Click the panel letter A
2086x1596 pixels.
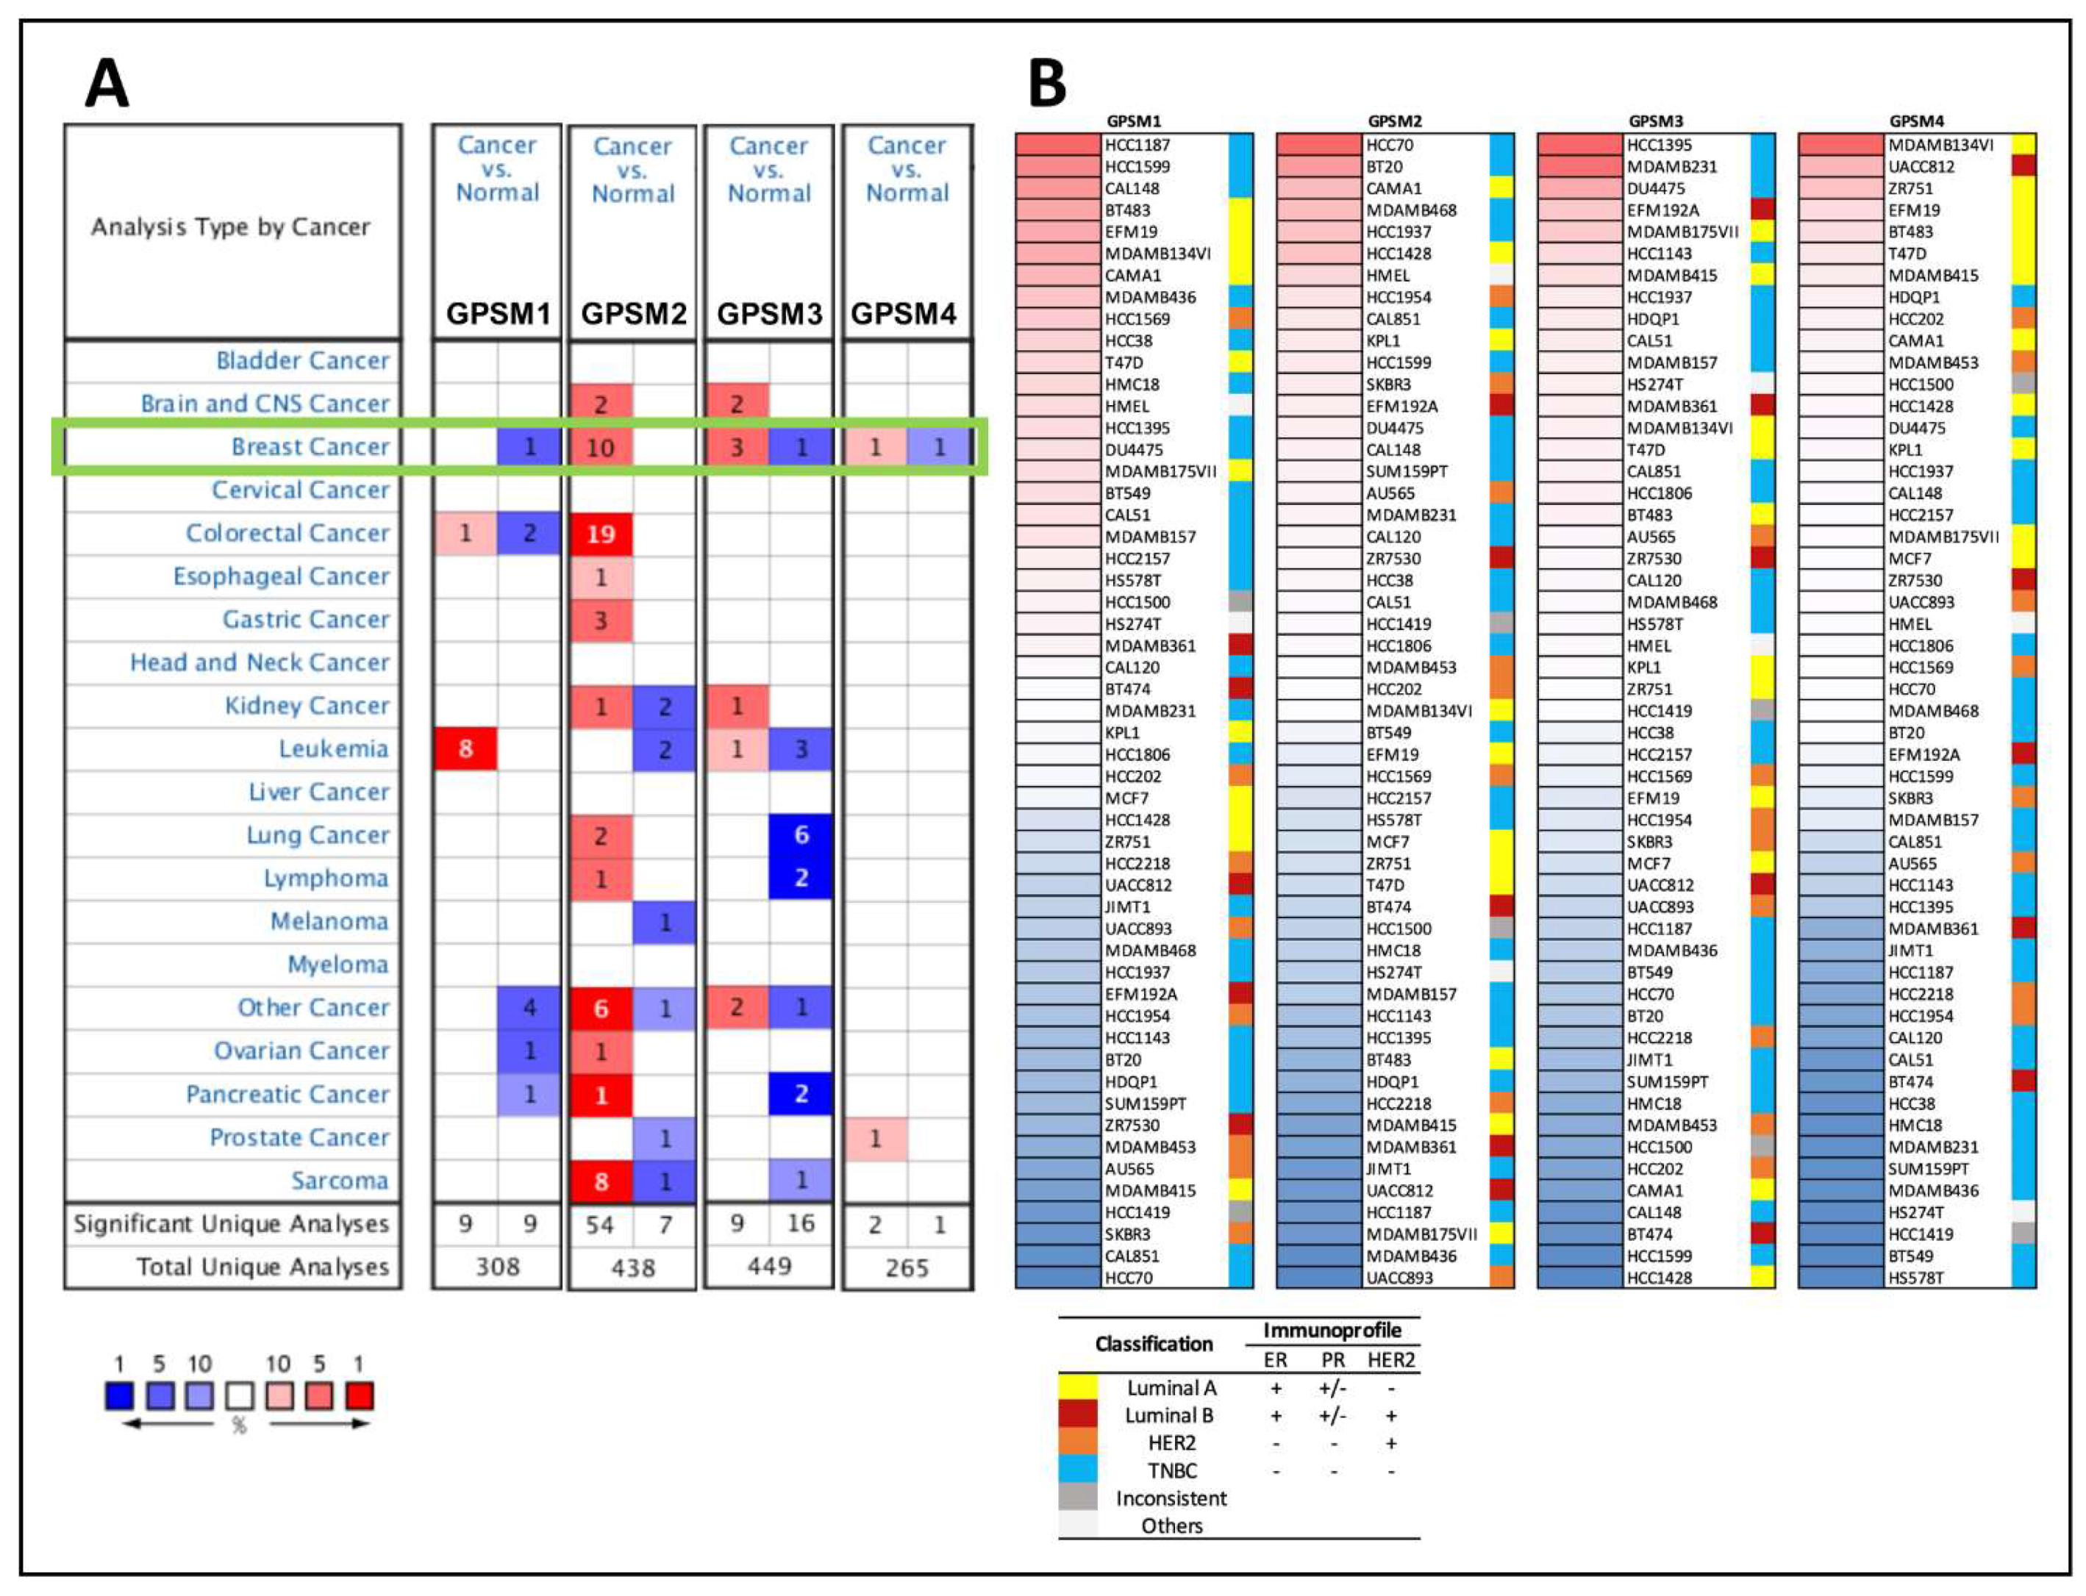pos(107,84)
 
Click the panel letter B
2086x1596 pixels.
pos(1047,84)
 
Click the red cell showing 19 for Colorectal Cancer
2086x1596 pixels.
pos(600,534)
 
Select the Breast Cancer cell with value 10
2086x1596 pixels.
pos(600,448)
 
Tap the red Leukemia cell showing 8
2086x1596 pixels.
pos(465,748)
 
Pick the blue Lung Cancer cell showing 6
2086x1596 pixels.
pos(801,835)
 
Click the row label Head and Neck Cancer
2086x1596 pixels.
pos(260,662)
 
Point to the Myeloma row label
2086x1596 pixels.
pos(337,965)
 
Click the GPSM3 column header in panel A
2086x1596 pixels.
pos(768,313)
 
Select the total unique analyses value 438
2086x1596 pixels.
pos(632,1267)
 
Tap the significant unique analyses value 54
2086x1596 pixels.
pos(599,1225)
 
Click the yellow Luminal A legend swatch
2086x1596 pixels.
pos(1077,1388)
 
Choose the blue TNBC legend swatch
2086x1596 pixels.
pos(1077,1470)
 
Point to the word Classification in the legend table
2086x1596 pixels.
pos(1153,1343)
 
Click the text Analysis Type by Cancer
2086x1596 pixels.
pos(231,227)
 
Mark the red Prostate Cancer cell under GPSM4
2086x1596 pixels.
pos(875,1138)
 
